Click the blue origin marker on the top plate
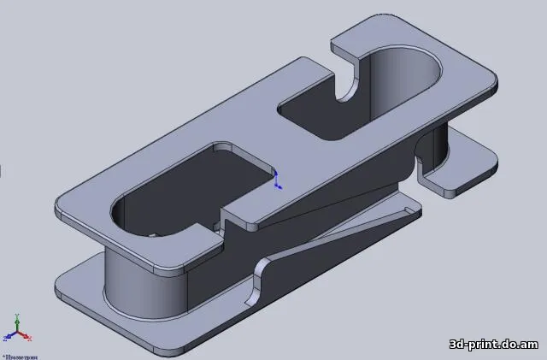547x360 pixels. (276, 180)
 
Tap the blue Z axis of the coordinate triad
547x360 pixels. (10, 336)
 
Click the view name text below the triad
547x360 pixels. (19, 356)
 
